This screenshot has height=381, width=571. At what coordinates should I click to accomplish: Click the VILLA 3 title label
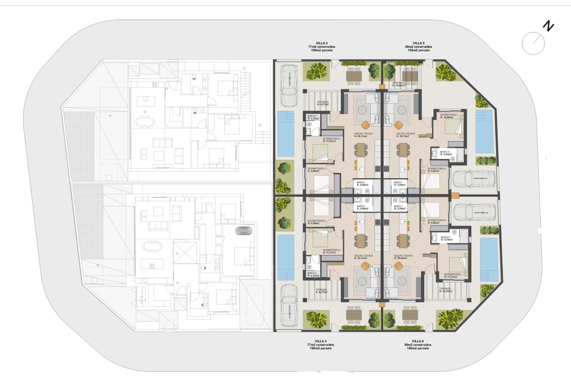point(321,43)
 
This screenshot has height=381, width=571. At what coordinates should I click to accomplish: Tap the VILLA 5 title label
point(418,43)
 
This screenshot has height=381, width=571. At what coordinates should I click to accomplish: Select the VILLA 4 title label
point(321,341)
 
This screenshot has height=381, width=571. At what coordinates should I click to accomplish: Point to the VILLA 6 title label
point(418,341)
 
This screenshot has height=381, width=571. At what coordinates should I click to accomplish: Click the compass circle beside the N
point(533,43)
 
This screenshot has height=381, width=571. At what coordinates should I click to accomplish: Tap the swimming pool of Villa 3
point(285,134)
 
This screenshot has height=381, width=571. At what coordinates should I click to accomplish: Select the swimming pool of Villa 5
point(484,131)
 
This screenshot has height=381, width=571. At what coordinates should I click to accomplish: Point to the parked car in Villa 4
point(289,306)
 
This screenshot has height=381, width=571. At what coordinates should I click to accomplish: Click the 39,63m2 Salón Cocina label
point(403,257)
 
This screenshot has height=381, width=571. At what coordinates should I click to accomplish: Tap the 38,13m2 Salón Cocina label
point(405,135)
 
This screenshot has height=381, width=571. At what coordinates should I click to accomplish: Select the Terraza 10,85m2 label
point(399,84)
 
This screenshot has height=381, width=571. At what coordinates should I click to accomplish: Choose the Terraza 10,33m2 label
point(445,290)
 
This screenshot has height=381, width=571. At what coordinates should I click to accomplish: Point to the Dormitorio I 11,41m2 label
point(453,276)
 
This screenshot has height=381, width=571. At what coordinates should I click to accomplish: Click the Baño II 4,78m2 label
point(446,238)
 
